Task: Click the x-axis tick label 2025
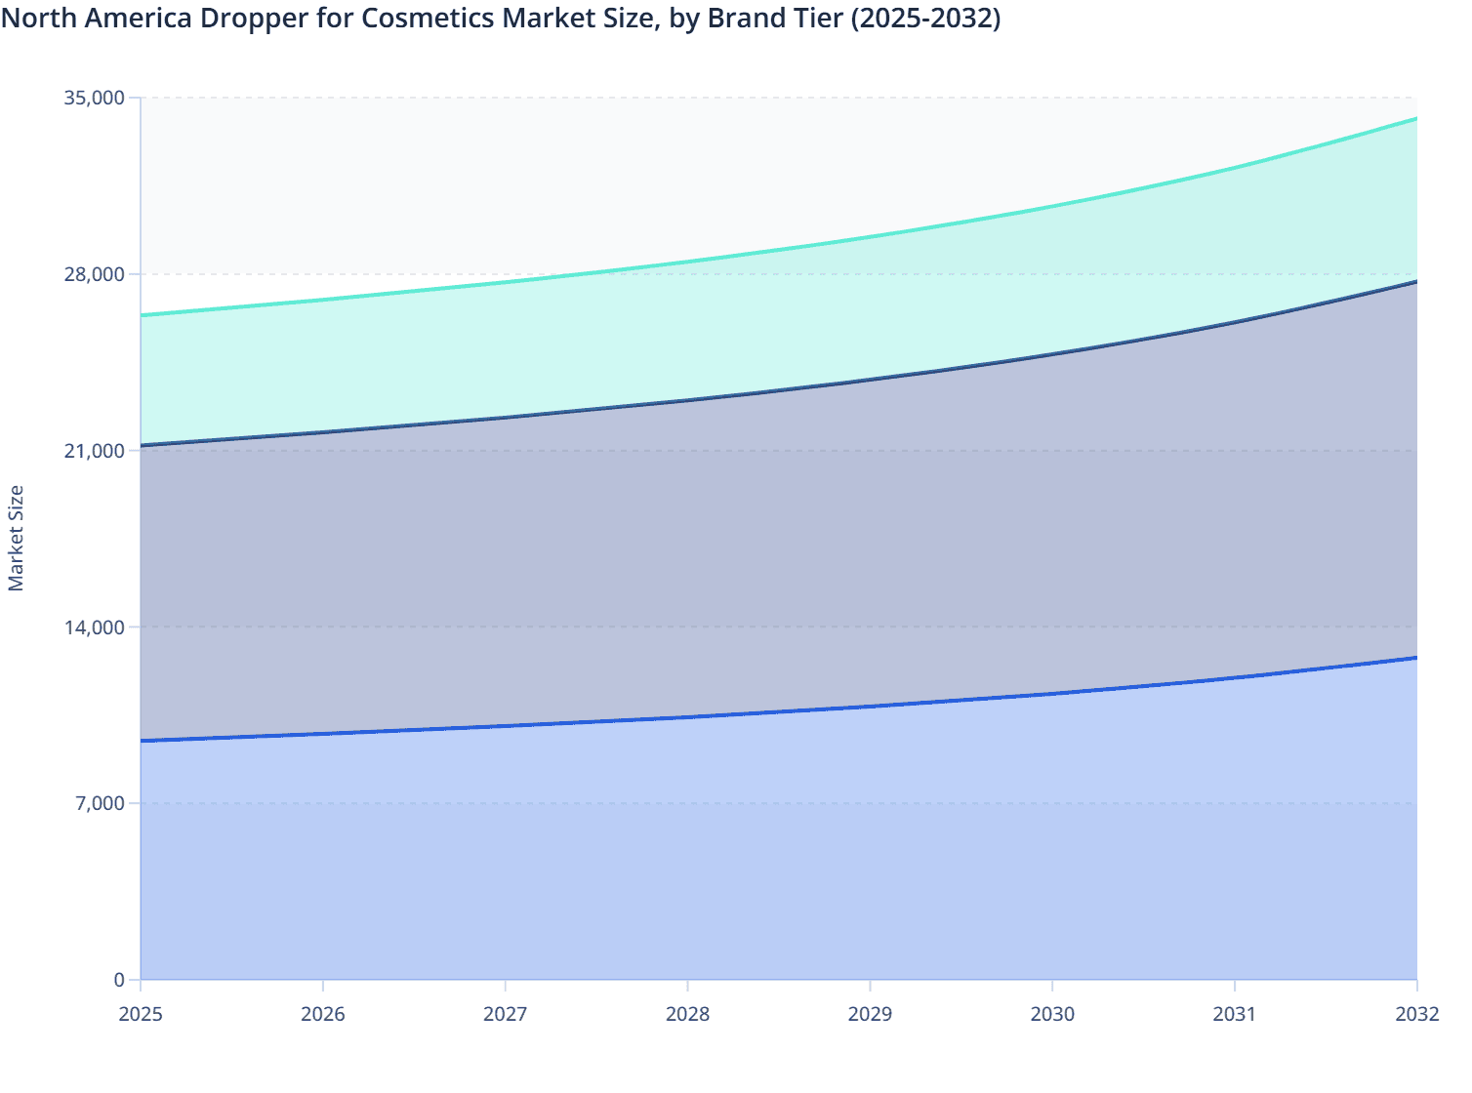pyautogui.click(x=141, y=1014)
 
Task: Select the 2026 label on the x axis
pyautogui.click(x=323, y=1014)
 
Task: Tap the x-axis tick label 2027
pyautogui.click(x=506, y=1014)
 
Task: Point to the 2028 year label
pyautogui.click(x=688, y=1014)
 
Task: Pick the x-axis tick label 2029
pyautogui.click(x=870, y=1014)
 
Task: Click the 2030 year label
pyautogui.click(x=1052, y=1014)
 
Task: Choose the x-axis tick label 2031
pyautogui.click(x=1235, y=1014)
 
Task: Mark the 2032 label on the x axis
pyautogui.click(x=1416, y=1014)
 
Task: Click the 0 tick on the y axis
pyautogui.click(x=119, y=980)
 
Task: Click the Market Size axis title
pyautogui.click(x=17, y=538)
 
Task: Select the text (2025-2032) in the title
pyautogui.click(x=925, y=19)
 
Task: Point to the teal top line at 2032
pyautogui.click(x=1415, y=119)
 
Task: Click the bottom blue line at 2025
pyautogui.click(x=143, y=741)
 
